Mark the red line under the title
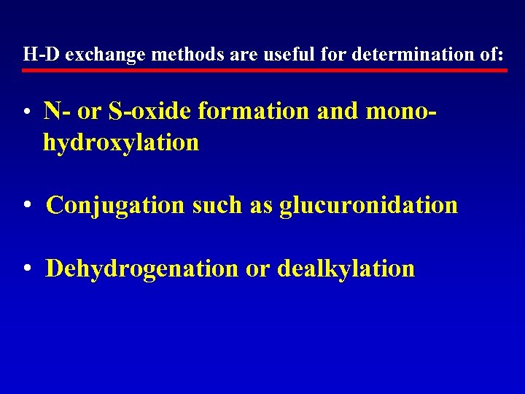click(264, 71)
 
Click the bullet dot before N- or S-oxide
click(26, 113)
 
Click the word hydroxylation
click(121, 143)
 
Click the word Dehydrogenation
click(142, 269)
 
